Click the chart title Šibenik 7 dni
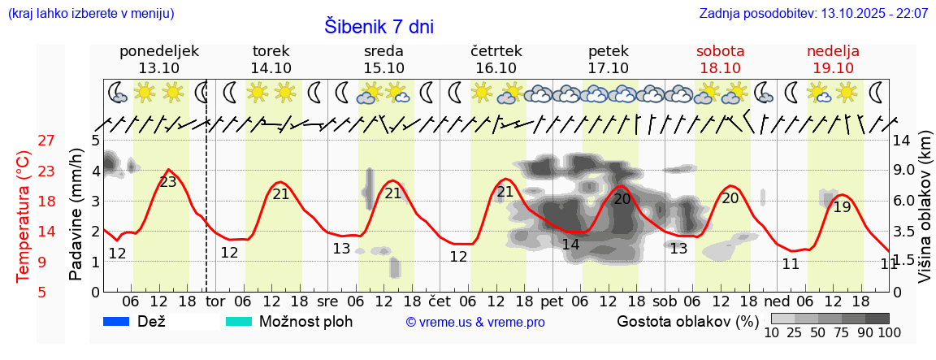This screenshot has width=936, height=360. pos(379,27)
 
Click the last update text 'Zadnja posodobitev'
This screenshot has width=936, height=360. pos(813,14)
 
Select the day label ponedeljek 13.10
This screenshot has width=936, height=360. pos(158,59)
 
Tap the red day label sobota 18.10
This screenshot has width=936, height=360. pos(720,59)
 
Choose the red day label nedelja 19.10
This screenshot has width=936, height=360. pos(833,59)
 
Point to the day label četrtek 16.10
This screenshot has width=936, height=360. pos(496,59)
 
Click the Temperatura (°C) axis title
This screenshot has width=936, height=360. pos(24,217)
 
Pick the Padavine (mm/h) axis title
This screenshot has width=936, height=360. pos(76,215)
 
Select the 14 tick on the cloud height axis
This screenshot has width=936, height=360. pos(901,141)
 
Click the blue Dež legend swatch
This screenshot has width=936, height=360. pos(117,321)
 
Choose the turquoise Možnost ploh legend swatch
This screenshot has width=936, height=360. pos(239,321)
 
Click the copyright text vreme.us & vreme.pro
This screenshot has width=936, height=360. pos(475,323)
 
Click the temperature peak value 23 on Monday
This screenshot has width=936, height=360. pos(168,182)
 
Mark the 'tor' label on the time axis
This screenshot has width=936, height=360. pos(215,302)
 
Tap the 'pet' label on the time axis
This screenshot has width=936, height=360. pos(552,302)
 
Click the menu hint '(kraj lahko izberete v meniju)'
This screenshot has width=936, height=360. pos(90,14)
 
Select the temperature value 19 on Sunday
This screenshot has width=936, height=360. pos(842,207)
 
